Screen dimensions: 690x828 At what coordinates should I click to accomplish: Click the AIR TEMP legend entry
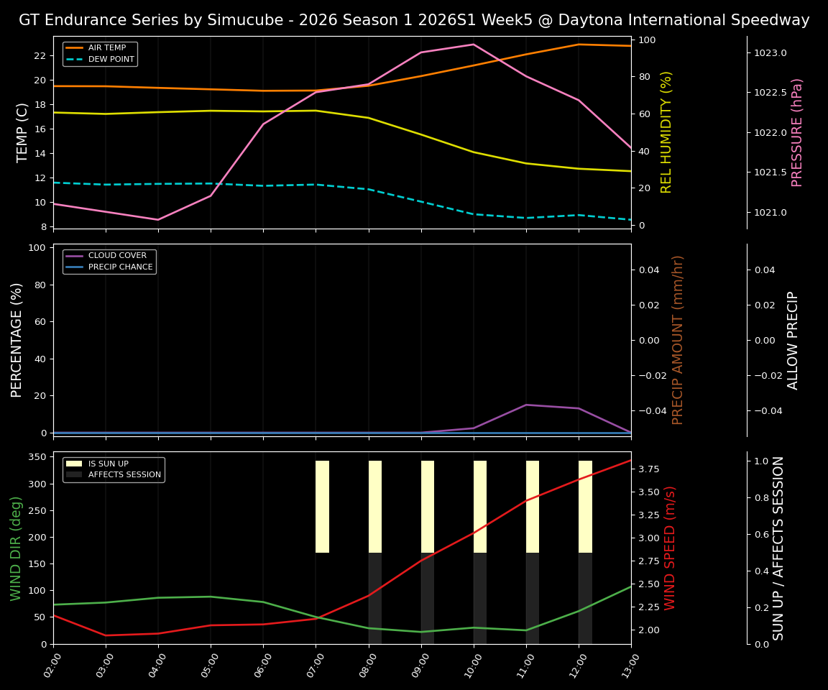tap(106, 48)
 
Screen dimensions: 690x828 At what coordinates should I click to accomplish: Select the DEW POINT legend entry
tap(111, 60)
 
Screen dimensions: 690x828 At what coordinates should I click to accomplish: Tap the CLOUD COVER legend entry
tap(117, 256)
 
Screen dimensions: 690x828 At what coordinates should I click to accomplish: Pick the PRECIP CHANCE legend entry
tap(120, 267)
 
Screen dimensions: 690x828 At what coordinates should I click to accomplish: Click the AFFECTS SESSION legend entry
tap(124, 475)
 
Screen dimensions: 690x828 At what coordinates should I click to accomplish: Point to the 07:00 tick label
tap(313, 665)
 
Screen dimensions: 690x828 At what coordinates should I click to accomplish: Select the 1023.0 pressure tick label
tap(770, 53)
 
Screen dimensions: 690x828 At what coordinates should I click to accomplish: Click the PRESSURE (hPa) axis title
tap(797, 132)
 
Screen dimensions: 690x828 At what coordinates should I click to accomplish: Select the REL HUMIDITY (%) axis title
tap(666, 132)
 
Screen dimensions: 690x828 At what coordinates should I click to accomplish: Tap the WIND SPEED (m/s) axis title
tap(670, 548)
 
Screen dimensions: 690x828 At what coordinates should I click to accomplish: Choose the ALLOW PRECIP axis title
tap(793, 340)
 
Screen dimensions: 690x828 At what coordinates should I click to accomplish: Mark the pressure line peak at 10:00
tap(474, 45)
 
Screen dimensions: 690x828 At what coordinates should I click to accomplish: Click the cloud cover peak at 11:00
tap(526, 405)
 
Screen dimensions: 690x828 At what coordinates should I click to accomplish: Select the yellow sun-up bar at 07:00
tap(322, 507)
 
